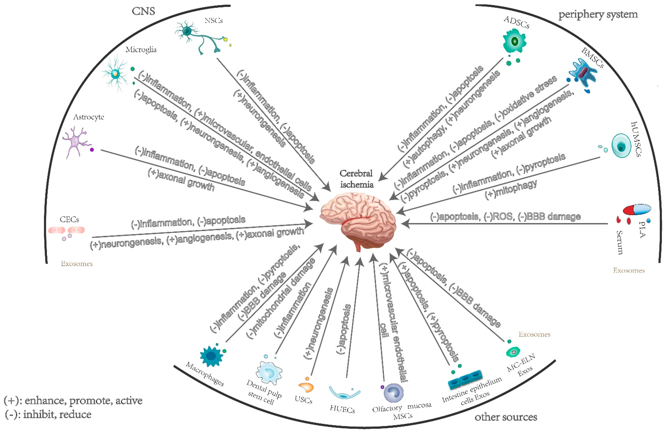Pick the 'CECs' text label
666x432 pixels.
69,219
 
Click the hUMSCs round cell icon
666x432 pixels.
621,146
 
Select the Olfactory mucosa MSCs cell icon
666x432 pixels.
393,393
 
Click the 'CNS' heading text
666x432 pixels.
143,11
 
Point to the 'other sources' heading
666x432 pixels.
506,417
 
